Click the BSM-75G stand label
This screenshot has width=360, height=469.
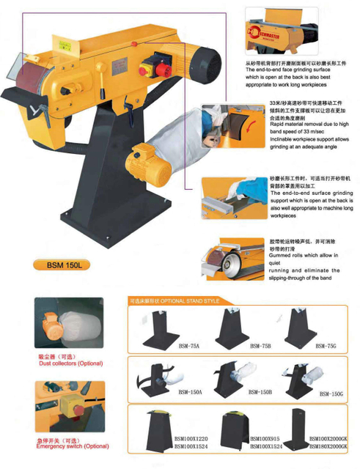(327, 345)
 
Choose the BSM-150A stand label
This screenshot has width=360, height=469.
(189, 393)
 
